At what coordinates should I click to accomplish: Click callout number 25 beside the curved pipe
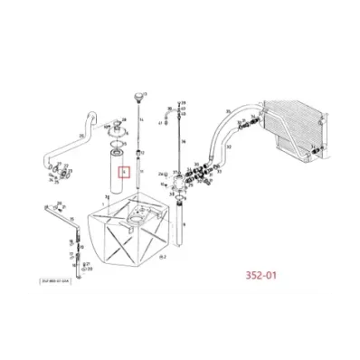point(82,135)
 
